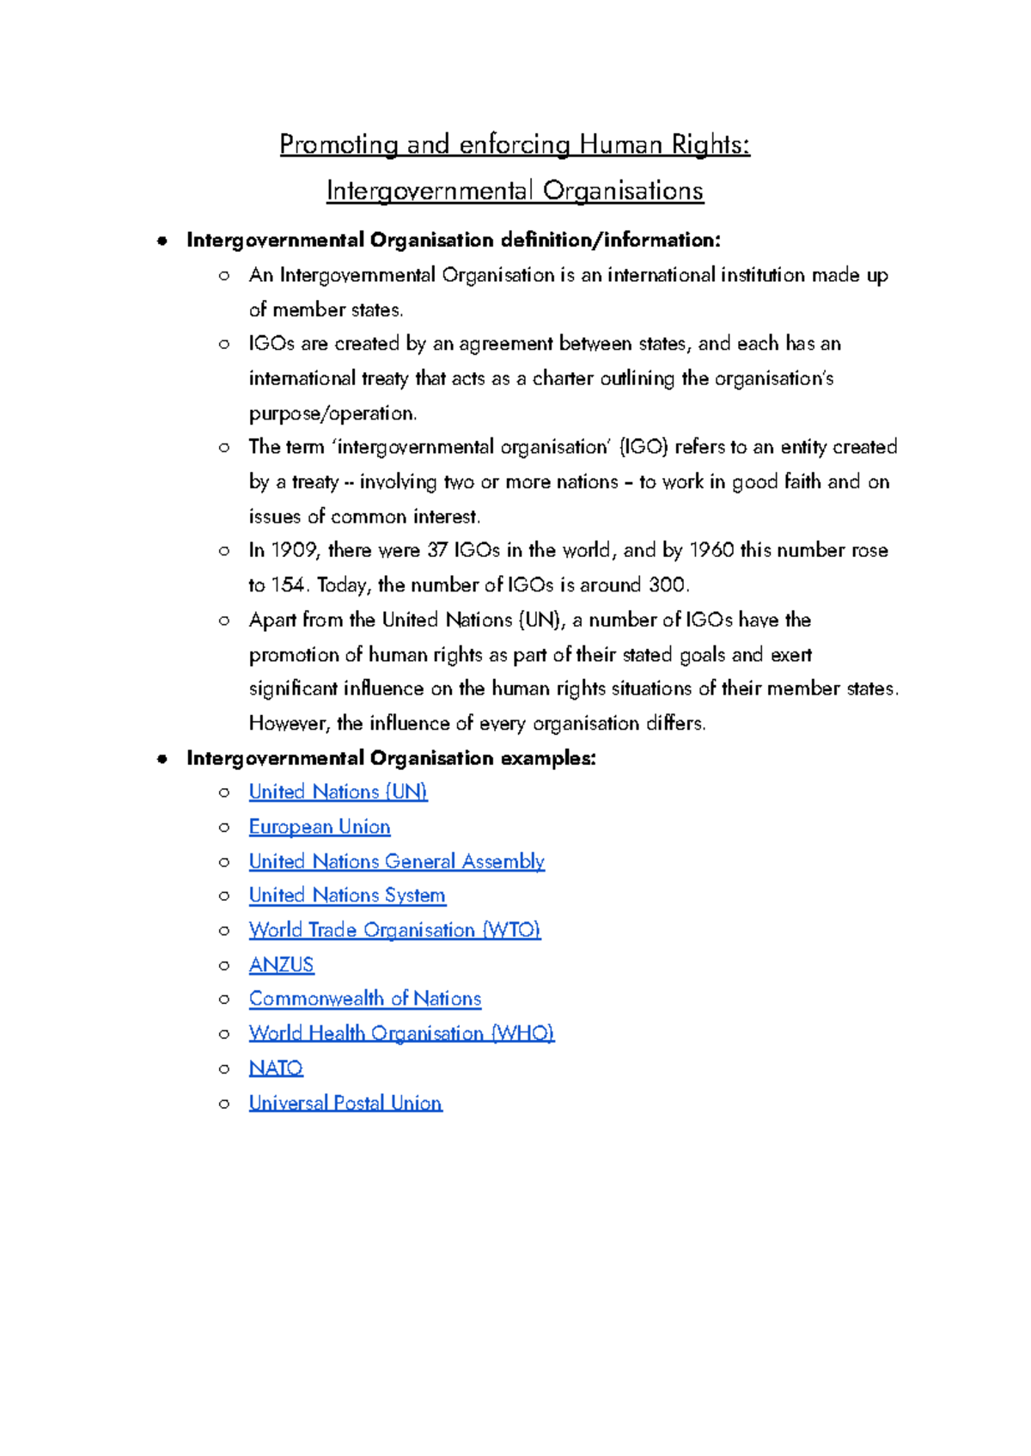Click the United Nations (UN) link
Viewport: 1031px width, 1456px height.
click(338, 792)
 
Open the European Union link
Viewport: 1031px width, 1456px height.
click(320, 827)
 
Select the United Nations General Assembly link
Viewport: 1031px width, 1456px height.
click(396, 861)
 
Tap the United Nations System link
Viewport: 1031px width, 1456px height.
click(347, 896)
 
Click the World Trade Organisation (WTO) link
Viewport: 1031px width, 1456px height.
click(394, 930)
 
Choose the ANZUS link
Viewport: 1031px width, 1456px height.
click(281, 964)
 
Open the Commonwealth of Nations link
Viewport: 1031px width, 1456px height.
click(364, 999)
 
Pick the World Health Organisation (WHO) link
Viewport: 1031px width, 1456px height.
click(401, 1033)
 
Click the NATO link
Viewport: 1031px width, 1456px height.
click(276, 1068)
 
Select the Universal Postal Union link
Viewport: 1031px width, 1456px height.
click(345, 1103)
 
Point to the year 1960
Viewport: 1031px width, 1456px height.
click(711, 550)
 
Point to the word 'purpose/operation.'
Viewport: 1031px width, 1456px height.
click(332, 413)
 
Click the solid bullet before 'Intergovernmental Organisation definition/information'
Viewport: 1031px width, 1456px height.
click(162, 241)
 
